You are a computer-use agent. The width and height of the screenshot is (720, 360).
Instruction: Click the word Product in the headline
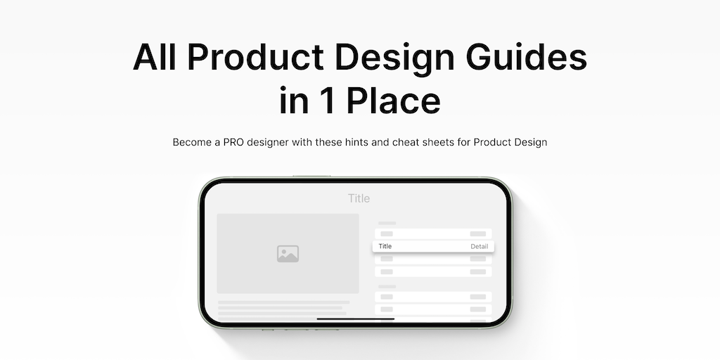point(256,57)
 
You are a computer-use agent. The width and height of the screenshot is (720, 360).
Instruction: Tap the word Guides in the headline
point(526,57)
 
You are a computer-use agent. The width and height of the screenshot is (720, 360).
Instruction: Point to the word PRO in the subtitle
point(233,142)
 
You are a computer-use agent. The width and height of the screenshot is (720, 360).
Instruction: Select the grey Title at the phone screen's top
point(359,198)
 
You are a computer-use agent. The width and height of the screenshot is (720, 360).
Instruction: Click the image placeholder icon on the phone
point(288,254)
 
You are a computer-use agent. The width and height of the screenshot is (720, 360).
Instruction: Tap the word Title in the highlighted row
point(385,246)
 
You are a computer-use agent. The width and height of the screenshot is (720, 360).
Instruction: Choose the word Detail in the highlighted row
point(480,247)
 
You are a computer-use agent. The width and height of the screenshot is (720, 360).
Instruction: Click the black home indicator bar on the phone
point(355,319)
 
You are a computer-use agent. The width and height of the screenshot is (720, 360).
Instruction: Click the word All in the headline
point(154,57)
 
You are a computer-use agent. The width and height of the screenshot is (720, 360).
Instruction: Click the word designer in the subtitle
point(268,143)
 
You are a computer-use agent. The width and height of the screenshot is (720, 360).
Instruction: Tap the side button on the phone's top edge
point(311,176)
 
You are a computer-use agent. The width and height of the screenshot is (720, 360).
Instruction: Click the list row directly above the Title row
point(433,233)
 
